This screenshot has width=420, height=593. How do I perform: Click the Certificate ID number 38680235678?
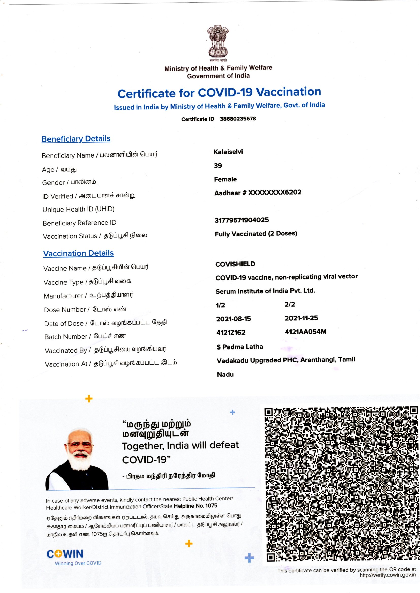pyautogui.click(x=238, y=119)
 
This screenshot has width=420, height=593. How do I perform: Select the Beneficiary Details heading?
pyautogui.click(x=76, y=139)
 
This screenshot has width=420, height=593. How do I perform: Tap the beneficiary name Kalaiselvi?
pyautogui.click(x=228, y=152)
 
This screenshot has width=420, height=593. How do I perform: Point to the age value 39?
pyautogui.click(x=218, y=166)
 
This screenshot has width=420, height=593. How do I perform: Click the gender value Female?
pyautogui.click(x=225, y=179)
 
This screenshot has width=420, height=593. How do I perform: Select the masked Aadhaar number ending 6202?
pyautogui.click(x=275, y=193)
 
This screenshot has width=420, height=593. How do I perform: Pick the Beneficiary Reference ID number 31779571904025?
pyautogui.click(x=242, y=220)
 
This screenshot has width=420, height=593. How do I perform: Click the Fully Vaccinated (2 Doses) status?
pyautogui.click(x=256, y=234)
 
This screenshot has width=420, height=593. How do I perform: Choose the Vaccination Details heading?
pyautogui.click(x=78, y=253)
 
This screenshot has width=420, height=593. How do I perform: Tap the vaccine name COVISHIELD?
pyautogui.click(x=235, y=264)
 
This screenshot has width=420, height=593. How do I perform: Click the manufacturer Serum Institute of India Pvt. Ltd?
pyautogui.click(x=265, y=291)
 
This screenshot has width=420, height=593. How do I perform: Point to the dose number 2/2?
pyautogui.click(x=290, y=305)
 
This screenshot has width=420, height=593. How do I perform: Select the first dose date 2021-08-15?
pyautogui.click(x=234, y=319)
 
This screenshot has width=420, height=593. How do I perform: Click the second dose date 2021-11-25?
pyautogui.click(x=301, y=318)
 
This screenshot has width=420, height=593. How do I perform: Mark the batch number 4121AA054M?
pyautogui.click(x=305, y=332)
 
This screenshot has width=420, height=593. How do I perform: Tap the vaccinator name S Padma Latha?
pyautogui.click(x=239, y=347)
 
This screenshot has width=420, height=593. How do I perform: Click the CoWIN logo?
pyautogui.click(x=65, y=554)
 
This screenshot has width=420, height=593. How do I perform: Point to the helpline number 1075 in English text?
pyautogui.click(x=211, y=505)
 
